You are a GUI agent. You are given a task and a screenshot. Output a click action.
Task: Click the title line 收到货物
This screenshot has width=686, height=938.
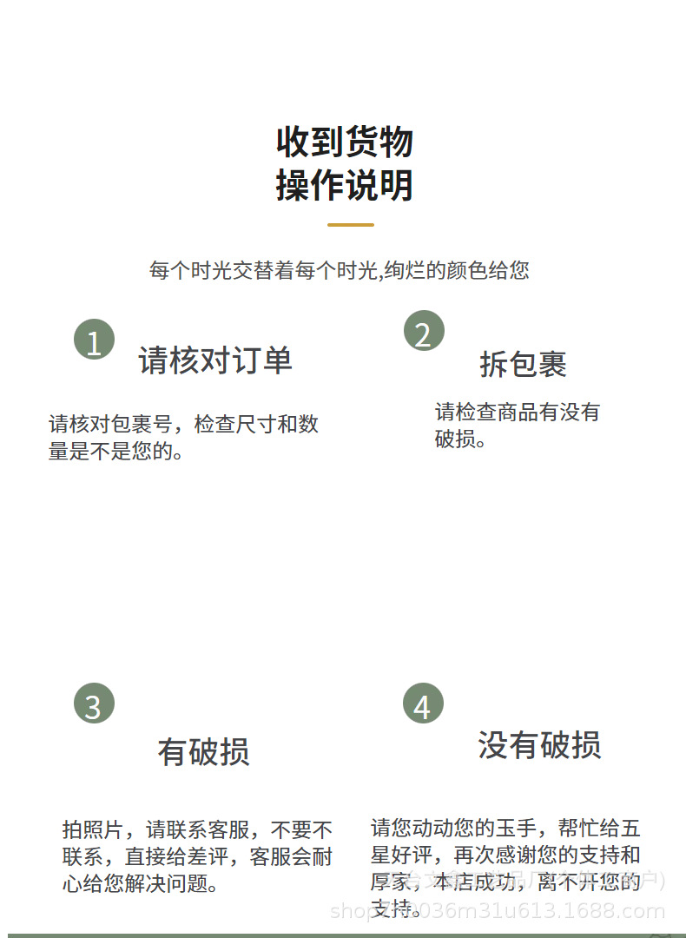pyautogui.click(x=344, y=142)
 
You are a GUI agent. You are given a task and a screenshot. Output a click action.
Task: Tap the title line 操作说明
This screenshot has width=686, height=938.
pyautogui.click(x=344, y=185)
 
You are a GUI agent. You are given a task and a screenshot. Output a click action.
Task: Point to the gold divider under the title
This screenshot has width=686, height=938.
pyautogui.click(x=351, y=225)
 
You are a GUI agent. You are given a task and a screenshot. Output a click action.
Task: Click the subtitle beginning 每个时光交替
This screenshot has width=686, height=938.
pyautogui.click(x=339, y=270)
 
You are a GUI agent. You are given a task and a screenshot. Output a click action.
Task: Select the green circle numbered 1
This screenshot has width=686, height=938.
pyautogui.click(x=94, y=340)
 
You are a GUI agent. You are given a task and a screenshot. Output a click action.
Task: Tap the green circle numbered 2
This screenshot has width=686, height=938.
pyautogui.click(x=423, y=331)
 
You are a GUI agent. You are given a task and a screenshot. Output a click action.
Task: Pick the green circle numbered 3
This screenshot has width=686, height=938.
pyautogui.click(x=94, y=703)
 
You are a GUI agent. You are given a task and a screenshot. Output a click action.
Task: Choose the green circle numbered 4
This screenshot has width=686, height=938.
pyautogui.click(x=422, y=703)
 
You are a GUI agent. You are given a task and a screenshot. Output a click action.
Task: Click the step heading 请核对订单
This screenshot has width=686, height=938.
pyautogui.click(x=215, y=360)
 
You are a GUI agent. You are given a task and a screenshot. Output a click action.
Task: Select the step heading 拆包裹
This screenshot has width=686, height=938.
pyautogui.click(x=523, y=365)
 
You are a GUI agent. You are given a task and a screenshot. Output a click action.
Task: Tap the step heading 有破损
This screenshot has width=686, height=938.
pyautogui.click(x=203, y=752)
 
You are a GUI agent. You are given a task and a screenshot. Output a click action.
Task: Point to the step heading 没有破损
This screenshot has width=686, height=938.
pyautogui.click(x=539, y=745)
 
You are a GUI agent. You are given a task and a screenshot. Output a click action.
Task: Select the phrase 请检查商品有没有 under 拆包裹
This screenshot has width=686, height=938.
pyautogui.click(x=517, y=412)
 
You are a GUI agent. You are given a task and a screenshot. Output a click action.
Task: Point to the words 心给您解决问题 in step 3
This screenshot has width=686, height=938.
pyautogui.click(x=140, y=884)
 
